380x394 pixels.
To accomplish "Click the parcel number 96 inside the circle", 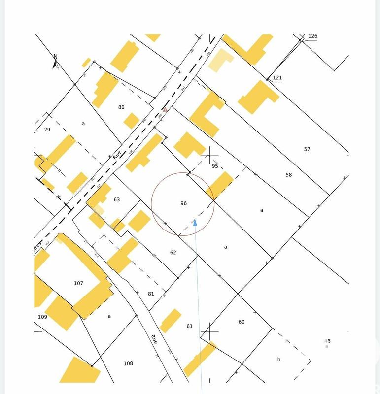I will (184, 203).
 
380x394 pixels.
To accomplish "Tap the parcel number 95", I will (215, 166).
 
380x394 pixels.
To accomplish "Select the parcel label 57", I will (307, 149).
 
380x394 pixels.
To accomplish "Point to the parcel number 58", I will (289, 175).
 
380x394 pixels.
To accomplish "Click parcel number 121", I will (277, 78).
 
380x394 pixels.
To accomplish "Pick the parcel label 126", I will (312, 36).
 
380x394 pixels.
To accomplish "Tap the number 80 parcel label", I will (121, 107).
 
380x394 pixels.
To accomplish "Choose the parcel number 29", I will (47, 130).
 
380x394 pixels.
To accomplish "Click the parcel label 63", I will (117, 199).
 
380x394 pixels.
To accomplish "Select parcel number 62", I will (173, 253).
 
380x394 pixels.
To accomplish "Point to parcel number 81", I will (151, 294).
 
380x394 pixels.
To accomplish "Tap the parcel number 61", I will (190, 326).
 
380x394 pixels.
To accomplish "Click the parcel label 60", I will (242, 322).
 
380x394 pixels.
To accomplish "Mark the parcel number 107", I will (78, 283).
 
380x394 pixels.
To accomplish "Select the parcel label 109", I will (42, 317).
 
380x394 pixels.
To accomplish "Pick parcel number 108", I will (128, 364).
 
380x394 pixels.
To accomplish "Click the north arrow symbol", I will (56, 63).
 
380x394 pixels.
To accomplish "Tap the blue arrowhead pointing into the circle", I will (195, 223).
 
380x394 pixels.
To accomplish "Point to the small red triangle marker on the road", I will (165, 110).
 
